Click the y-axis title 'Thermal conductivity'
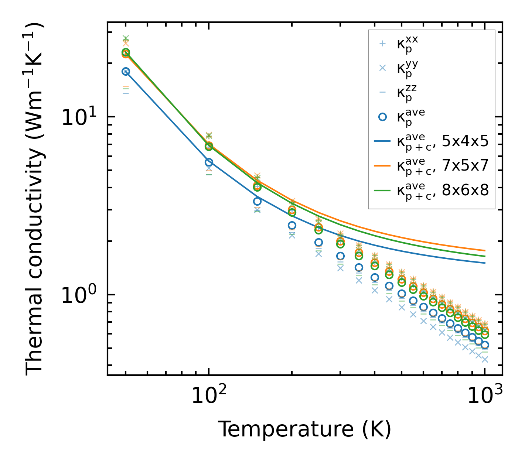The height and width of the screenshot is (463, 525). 35,199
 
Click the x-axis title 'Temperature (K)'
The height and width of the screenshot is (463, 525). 304,429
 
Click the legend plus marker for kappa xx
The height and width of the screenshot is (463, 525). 383,44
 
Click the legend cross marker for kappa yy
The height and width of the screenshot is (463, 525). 383,68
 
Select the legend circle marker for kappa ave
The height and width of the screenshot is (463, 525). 383,117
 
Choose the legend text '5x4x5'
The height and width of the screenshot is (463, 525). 466,141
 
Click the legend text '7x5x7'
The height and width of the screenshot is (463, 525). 466,165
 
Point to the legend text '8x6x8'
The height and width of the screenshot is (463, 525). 466,190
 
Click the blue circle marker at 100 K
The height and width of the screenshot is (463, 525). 209,162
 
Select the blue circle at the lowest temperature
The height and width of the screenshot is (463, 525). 126,72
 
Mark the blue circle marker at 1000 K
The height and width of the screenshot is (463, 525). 485,345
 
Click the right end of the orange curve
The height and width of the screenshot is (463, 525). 485,251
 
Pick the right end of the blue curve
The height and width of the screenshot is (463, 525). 485,263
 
